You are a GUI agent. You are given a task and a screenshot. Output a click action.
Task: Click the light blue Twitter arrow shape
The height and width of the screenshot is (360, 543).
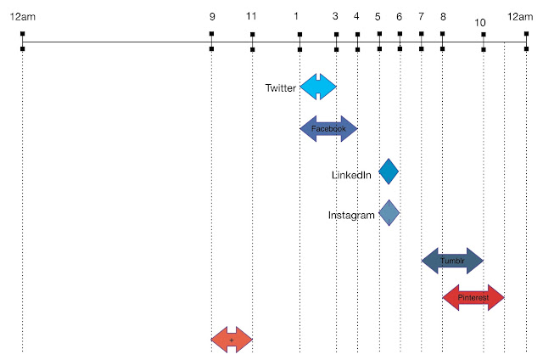coord(318,87)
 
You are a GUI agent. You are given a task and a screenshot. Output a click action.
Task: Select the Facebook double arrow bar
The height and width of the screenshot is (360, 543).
coord(329,129)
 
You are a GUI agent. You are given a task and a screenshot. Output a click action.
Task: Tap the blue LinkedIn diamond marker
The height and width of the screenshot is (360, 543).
coord(389,172)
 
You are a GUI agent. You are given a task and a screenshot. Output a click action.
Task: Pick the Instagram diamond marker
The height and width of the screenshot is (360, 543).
coord(389,213)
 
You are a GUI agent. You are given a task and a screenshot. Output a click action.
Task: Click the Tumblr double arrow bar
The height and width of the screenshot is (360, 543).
coord(452,261)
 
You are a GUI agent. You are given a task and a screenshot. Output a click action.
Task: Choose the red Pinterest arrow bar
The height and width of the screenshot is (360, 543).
coord(473,298)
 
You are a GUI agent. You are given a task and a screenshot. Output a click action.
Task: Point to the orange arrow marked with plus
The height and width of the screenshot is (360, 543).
coord(232,340)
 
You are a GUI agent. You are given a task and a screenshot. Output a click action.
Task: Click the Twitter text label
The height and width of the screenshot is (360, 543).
coord(281,87)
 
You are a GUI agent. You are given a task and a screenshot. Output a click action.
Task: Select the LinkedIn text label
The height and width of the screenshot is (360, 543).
coord(351,176)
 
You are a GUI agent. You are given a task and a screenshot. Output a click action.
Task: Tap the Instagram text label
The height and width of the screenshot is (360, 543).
coord(351,216)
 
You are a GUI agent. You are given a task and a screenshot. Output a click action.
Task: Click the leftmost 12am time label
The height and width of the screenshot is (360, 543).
coord(23,16)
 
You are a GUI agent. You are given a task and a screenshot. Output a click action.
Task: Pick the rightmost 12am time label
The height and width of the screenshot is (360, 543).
coord(520,16)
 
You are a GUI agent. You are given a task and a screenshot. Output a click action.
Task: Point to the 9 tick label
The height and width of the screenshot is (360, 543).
coord(211,16)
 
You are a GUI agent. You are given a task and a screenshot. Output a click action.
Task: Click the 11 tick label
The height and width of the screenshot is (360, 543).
coord(251,16)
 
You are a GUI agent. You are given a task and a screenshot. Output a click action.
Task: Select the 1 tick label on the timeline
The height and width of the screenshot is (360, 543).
coord(296,16)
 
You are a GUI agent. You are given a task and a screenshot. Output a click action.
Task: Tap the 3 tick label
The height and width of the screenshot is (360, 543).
coord(336,16)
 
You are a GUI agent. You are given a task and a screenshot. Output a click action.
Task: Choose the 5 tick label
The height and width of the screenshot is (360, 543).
coord(378,16)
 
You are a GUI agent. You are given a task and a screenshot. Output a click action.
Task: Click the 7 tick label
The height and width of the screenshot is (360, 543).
coord(421,16)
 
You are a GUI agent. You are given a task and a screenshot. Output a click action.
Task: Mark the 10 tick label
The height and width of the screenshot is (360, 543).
coord(481,22)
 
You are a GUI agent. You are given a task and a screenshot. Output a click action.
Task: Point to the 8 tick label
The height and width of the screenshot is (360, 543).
coord(442,16)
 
